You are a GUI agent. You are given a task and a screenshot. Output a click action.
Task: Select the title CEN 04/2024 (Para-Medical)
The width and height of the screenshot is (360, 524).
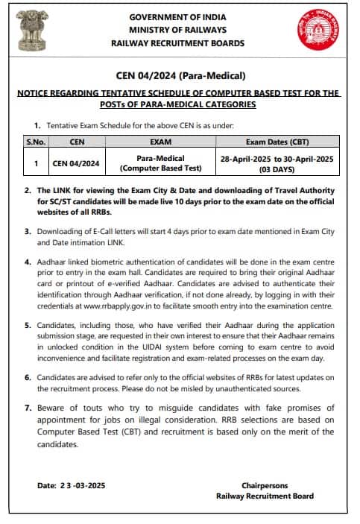coord(180,75)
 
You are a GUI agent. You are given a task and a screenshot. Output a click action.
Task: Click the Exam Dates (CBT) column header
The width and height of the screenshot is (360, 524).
coord(277,141)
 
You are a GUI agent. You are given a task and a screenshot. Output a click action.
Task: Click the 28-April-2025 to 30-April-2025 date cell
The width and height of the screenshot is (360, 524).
coord(277,158)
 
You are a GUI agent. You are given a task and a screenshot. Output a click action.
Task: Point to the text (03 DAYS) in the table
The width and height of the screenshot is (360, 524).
coord(277,168)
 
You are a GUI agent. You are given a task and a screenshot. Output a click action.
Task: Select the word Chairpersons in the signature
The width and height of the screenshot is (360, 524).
coord(265,485)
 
